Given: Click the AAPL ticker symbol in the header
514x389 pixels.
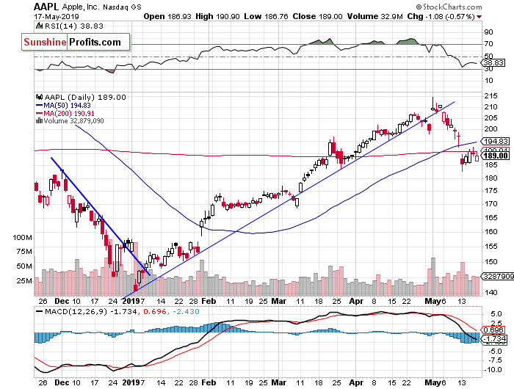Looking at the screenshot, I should [48, 5].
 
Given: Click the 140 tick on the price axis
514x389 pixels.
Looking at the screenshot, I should [488, 291].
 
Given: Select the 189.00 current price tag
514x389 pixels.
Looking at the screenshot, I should [491, 156].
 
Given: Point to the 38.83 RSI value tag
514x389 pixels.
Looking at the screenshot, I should [491, 64].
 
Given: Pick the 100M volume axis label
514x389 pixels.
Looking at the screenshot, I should [23, 238].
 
